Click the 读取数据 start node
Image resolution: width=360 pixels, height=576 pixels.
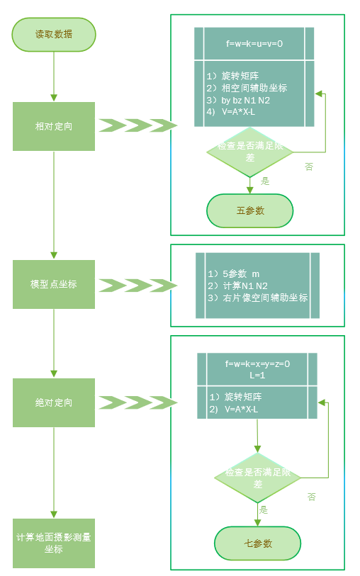[x=54, y=34]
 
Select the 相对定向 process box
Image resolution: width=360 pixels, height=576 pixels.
[x=54, y=126]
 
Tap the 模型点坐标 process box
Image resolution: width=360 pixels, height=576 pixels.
[x=54, y=284]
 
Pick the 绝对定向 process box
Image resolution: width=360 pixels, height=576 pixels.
[x=54, y=402]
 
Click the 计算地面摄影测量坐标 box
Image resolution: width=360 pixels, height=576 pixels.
[x=54, y=543]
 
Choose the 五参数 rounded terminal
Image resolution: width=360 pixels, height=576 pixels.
[x=249, y=210]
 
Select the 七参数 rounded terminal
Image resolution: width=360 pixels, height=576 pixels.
[x=258, y=543]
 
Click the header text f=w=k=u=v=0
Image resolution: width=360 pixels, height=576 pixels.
[x=254, y=44]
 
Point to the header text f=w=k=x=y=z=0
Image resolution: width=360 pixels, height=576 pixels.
[x=257, y=363]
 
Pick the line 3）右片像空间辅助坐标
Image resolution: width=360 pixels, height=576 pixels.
[x=257, y=298]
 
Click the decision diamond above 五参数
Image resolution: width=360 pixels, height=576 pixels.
[x=249, y=152]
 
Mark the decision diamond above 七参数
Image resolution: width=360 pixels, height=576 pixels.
[x=258, y=478]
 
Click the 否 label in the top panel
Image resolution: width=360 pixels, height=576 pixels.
[x=309, y=167]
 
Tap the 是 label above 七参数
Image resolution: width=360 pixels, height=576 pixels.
[x=263, y=509]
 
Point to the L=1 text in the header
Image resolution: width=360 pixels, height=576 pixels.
[x=257, y=375]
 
